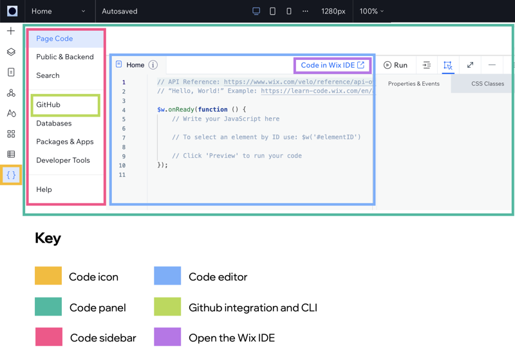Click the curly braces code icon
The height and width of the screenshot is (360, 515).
11,175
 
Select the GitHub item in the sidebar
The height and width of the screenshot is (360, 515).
48,105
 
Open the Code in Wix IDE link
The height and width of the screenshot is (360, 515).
332,65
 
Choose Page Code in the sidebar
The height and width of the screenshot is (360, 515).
55,39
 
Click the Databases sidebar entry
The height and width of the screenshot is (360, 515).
54,123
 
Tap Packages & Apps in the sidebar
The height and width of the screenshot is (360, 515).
65,142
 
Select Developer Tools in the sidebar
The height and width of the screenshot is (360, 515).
63,160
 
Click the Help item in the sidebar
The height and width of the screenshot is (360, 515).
44,189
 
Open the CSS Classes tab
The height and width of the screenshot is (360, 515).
487,84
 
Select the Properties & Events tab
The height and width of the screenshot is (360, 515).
413,84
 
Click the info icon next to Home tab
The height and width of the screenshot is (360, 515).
153,65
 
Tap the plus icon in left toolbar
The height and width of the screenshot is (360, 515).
11,31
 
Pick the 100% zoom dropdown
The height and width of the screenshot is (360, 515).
371,11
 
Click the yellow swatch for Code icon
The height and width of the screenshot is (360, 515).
48,276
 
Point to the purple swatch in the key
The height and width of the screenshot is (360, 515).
167,337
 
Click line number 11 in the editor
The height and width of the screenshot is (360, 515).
122,175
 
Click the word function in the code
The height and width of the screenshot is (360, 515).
213,109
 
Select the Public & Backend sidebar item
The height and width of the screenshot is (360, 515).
65,57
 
